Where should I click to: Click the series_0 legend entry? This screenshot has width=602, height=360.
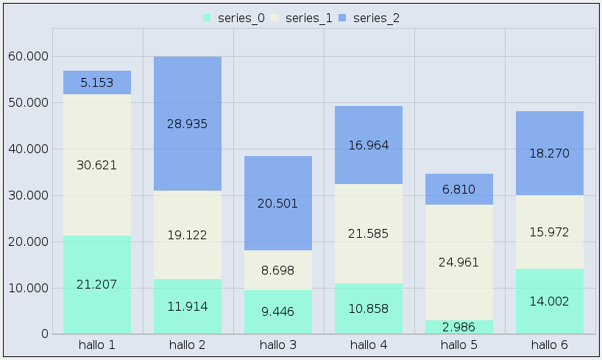233,18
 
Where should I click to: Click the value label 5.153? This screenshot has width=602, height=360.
97,82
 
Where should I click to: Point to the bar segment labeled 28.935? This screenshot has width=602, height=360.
188,124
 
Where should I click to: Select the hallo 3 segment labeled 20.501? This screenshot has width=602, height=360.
278,203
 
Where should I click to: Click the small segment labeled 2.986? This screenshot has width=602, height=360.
459,327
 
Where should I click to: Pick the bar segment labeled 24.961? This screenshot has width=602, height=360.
459,262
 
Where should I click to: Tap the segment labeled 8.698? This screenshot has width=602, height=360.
278,270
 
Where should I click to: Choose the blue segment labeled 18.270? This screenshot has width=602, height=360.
550,153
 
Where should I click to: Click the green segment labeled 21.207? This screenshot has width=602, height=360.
97,284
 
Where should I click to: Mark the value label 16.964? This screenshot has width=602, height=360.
369,145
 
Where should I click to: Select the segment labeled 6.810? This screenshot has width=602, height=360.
459,189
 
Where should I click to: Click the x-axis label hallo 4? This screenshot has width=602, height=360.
369,344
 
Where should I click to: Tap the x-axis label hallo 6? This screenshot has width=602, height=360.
550,344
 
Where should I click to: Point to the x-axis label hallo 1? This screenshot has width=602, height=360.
97,344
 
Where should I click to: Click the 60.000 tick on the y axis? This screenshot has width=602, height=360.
26,56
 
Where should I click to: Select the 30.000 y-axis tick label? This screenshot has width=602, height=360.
26,195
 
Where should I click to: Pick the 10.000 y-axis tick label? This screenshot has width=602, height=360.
26,288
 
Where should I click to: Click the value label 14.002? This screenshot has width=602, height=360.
550,300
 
